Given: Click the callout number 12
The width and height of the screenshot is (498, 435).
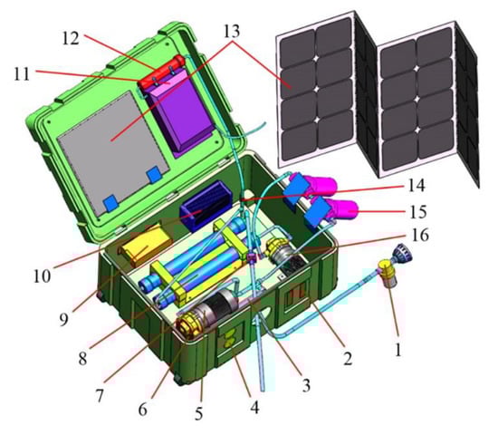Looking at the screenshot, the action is tap(71, 39).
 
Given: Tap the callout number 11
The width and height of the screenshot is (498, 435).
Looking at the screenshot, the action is tap(22, 74).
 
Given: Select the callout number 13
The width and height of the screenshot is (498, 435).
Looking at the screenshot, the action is tap(232, 32).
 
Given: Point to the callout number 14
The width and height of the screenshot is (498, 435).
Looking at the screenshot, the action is tap(417, 186).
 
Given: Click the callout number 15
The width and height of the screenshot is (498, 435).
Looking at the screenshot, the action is tap(418, 211).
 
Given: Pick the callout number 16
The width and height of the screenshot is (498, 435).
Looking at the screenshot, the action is tap(420, 235).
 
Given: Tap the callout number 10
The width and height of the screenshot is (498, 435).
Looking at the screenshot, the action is tap(42, 276).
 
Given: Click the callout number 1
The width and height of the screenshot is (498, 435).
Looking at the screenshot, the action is tap(398, 349).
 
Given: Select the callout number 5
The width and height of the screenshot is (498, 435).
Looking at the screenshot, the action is tap(198, 413).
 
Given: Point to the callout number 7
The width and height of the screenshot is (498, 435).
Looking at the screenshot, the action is tap(100, 395).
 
